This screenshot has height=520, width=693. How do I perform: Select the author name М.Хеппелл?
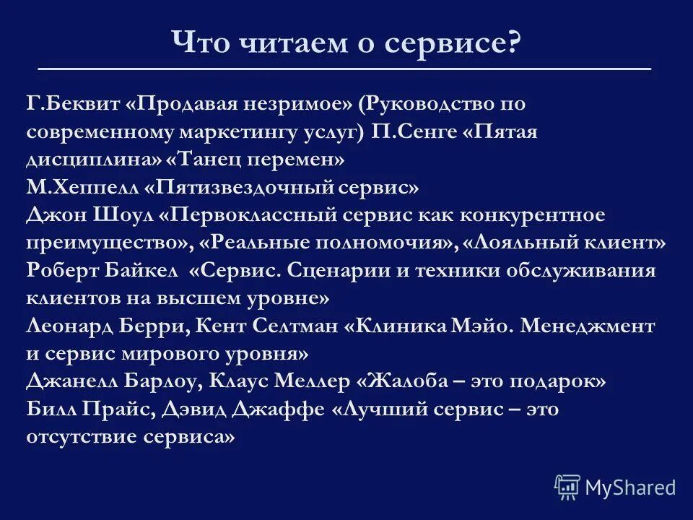tap(82, 187)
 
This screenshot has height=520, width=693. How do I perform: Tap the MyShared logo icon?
tap(567, 487)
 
